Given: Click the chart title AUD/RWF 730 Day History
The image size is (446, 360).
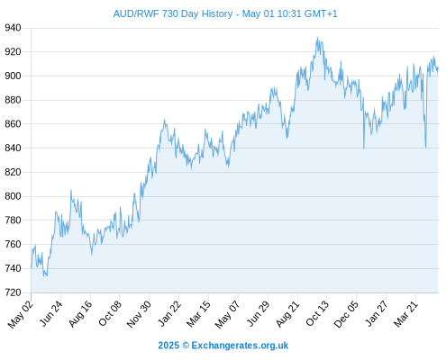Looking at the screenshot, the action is (173, 13).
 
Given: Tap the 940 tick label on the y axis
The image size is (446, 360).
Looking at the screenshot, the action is (13, 28).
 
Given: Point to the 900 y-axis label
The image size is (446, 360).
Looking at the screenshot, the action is (13, 76).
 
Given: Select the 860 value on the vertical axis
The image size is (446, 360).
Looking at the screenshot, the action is (13, 124).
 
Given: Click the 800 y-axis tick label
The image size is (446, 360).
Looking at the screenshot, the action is (13, 196).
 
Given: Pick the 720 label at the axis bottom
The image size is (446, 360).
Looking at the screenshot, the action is (13, 292).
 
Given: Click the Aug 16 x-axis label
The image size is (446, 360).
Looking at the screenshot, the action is (80, 313).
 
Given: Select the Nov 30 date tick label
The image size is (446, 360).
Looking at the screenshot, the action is (139, 313).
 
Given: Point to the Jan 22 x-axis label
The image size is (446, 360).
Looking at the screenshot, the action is (169, 313).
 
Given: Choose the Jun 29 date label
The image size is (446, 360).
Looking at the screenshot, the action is (258, 313).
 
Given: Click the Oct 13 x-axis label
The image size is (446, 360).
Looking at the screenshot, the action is (317, 313).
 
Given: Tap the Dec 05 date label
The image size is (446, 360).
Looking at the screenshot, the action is (346, 313).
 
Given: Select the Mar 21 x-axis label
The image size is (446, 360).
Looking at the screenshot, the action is (405, 313).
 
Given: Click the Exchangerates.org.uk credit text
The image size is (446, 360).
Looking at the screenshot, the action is (240, 346).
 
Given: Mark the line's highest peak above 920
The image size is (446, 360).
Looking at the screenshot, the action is (317, 38).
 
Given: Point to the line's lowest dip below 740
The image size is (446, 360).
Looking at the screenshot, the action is (44, 275).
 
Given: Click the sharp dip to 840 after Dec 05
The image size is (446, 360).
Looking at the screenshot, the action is (364, 148).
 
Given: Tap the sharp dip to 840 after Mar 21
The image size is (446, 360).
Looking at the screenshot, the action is (425, 147).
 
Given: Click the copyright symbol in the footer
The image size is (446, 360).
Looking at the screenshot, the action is (186, 346).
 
